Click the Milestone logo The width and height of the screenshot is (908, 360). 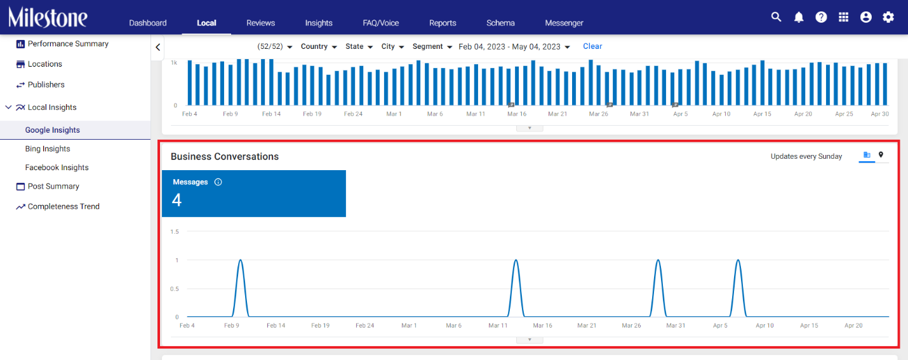[x=48, y=17]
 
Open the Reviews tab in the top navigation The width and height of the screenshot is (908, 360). [x=260, y=23]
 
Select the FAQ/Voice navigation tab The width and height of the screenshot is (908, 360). [x=380, y=23]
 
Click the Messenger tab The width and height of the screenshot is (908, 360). [x=564, y=23]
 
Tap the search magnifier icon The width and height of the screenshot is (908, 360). [x=776, y=17]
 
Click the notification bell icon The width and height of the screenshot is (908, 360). [x=799, y=17]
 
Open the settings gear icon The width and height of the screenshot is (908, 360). [x=888, y=17]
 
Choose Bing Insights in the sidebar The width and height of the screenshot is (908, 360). [x=48, y=149]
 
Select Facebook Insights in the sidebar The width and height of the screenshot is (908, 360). [x=57, y=168]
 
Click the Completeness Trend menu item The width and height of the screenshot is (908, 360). [x=63, y=206]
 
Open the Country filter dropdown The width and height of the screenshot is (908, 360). [x=319, y=46]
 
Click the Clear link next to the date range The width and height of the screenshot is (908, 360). [x=592, y=46]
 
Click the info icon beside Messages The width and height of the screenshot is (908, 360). [x=218, y=182]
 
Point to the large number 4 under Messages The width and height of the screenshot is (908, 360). [x=177, y=200]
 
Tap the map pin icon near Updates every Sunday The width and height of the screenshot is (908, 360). [x=881, y=155]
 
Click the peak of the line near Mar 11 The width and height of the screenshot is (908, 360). [x=516, y=260]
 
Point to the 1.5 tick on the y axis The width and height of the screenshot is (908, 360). [x=175, y=232]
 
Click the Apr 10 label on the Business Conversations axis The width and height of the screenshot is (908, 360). [x=764, y=326]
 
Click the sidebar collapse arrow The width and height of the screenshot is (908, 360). [x=157, y=48]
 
